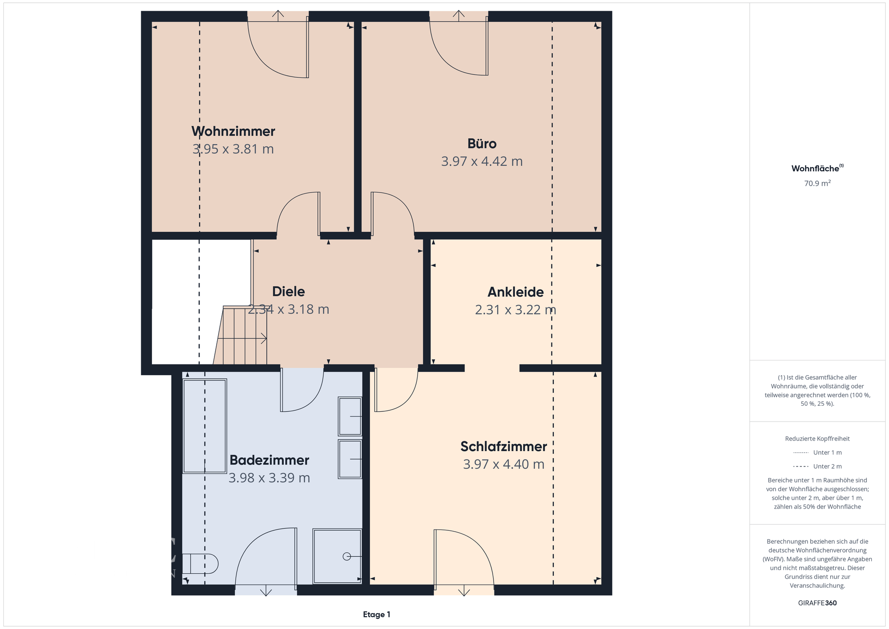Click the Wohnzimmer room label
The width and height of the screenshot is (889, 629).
[233, 131]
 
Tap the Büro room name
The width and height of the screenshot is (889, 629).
[482, 144]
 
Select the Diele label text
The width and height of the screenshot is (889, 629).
[288, 291]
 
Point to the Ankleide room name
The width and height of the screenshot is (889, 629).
[516, 292]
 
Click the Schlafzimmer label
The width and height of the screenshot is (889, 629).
[504, 447]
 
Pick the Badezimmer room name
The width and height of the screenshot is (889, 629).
[269, 460]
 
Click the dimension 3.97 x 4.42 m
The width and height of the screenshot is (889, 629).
[482, 161]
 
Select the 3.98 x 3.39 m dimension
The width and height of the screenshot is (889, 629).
[269, 478]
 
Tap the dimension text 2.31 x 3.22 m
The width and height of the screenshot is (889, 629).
[516, 309]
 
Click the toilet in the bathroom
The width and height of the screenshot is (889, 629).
[200, 564]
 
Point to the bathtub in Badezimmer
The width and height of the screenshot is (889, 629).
[205, 426]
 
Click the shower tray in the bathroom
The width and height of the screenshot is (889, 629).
[338, 556]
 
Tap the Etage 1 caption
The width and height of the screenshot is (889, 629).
[376, 615]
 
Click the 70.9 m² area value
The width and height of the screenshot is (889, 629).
[817, 183]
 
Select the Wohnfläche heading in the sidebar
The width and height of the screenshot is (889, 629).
[817, 168]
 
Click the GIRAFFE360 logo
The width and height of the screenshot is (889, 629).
[817, 603]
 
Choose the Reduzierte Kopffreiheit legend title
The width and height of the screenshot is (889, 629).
[817, 439]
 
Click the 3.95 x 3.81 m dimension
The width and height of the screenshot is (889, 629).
[233, 149]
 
